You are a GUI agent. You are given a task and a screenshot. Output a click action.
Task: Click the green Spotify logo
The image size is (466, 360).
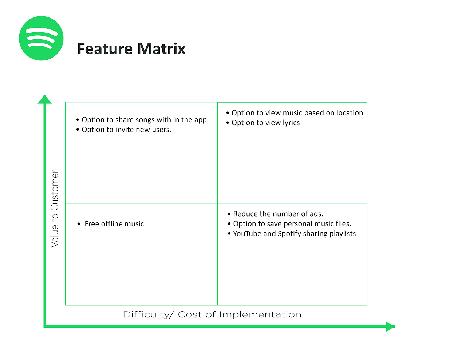coord(41,38)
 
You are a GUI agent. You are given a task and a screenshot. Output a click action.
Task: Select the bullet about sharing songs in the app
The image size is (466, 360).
coord(144,120)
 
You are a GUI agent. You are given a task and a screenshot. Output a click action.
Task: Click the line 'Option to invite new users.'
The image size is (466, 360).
coord(126,130)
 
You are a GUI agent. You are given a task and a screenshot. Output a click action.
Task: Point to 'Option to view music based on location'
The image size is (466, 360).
coord(297,113)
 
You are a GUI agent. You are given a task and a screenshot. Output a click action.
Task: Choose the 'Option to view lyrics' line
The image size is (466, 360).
coord(265,123)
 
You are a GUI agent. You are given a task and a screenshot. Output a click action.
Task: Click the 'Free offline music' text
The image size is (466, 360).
coord(114,224)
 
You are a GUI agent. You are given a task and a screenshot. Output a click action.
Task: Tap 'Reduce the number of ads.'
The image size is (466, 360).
coord(278,214)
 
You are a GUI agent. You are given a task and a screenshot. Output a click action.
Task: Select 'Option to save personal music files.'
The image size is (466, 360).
coord(292,223)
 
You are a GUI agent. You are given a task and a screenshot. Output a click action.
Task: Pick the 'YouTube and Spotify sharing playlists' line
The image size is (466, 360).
coord(294,233)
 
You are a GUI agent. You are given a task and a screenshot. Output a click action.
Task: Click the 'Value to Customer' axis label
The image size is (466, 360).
coord(55,209)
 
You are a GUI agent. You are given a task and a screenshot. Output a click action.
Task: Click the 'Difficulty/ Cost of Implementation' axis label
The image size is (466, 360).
coord(212,314)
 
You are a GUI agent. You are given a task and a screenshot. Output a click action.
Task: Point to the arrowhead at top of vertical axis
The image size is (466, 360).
coord(45,99)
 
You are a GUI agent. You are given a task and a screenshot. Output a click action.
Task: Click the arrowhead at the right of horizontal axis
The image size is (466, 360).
coord(390,327)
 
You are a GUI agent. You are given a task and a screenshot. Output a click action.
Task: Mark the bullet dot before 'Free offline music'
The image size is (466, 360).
coord(79,224)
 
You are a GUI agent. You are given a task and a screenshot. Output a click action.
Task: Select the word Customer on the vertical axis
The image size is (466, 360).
coord(55,190)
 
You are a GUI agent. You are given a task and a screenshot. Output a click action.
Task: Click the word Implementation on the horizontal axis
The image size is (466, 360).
coord(260,314)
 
